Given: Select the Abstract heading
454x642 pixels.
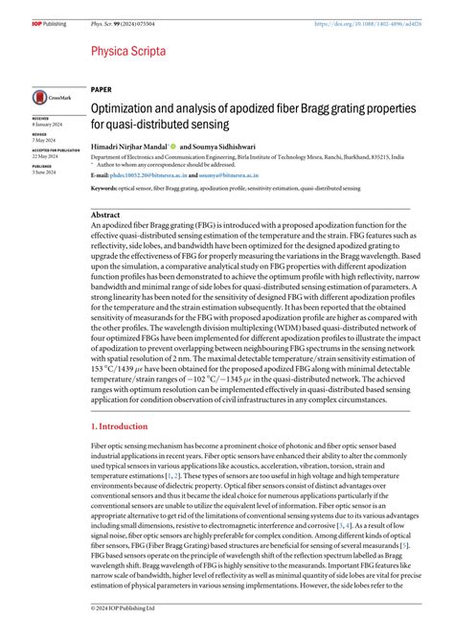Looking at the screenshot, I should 104,216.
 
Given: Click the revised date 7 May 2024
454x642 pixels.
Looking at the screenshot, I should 43,140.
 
